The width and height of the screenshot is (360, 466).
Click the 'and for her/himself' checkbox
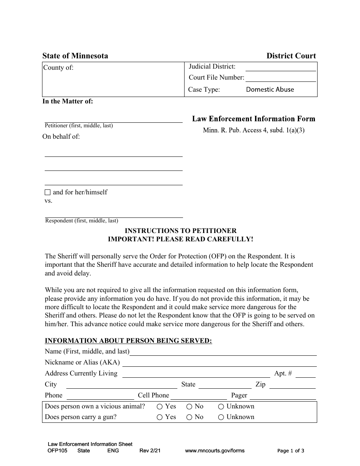pyautogui.click(x=47, y=192)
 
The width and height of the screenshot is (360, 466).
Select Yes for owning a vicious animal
pyautogui.click(x=160, y=407)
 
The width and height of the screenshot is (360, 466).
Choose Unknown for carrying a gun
pyautogui.click(x=221, y=417)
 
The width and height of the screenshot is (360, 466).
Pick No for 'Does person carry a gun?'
pyautogui.click(x=189, y=417)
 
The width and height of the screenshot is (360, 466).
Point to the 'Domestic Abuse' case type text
pyautogui.click(x=270, y=90)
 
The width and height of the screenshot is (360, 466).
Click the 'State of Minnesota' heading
pyautogui.click(x=75, y=56)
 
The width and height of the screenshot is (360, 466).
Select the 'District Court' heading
pyautogui.click(x=291, y=56)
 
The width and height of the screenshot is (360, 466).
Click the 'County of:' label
pyautogui.click(x=58, y=68)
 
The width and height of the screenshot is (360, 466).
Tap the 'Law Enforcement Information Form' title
pyautogui.click(x=254, y=119)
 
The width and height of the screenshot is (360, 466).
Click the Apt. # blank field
pyautogui.click(x=305, y=374)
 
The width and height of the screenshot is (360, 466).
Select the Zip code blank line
pyautogui.click(x=292, y=385)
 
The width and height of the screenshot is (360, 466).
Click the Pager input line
pyautogui.click(x=283, y=396)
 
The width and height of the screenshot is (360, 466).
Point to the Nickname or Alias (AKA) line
pyautogui.click(x=219, y=363)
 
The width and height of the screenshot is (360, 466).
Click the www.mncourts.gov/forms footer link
pyautogui.click(x=214, y=451)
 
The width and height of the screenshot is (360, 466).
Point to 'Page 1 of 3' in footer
pyautogui.click(x=291, y=451)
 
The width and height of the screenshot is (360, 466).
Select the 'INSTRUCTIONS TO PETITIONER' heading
pyautogui.click(x=180, y=231)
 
